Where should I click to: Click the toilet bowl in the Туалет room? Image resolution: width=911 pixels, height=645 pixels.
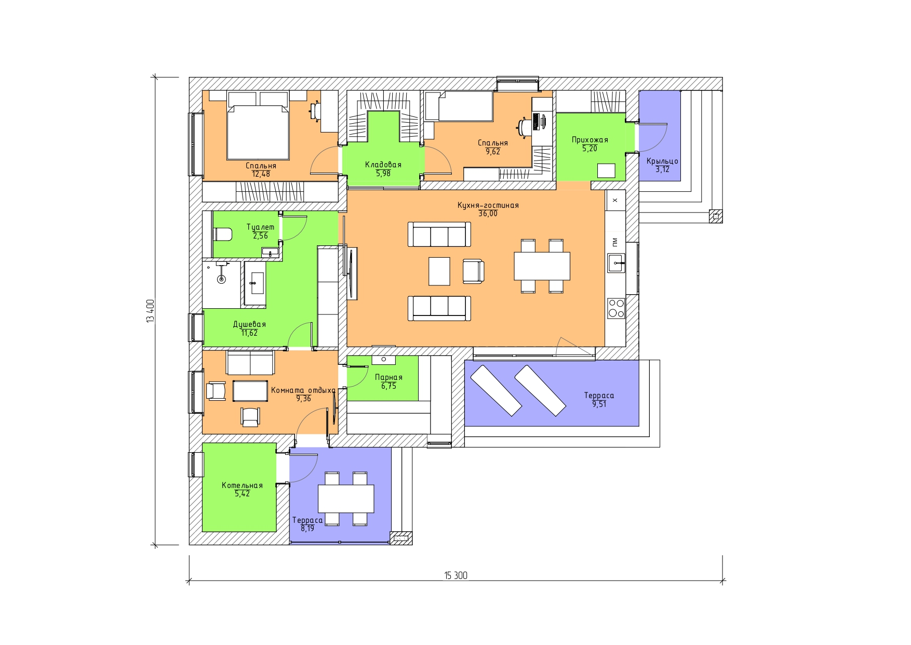click(x=223, y=234)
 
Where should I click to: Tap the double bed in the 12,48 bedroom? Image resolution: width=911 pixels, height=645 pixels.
click(x=258, y=132)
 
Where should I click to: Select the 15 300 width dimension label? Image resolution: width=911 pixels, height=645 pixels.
click(x=455, y=575)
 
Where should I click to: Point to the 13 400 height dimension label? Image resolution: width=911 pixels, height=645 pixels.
click(x=151, y=311)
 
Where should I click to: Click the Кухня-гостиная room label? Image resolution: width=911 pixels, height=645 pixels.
click(x=488, y=205)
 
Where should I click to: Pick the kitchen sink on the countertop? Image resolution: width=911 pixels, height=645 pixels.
click(x=617, y=263)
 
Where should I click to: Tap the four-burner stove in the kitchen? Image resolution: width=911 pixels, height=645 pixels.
click(x=617, y=308)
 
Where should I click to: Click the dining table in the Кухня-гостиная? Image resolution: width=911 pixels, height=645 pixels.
click(x=542, y=266)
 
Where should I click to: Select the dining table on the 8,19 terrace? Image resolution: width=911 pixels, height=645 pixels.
click(x=346, y=498)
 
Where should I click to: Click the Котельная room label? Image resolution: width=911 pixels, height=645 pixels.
click(x=242, y=485)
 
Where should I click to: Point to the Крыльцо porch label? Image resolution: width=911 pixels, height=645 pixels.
click(x=662, y=161)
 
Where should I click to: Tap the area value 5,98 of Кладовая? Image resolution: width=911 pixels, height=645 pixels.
click(x=383, y=174)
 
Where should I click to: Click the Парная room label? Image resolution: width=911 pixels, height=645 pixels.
click(x=388, y=377)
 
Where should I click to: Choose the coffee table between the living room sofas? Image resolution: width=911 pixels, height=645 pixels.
click(x=439, y=271)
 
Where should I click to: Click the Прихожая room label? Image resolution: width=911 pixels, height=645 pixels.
click(x=590, y=140)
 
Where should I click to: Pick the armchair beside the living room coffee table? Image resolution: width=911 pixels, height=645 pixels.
click(x=473, y=271)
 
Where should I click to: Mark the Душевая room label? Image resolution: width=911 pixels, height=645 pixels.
click(x=249, y=324)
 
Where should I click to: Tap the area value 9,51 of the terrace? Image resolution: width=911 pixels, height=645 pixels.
click(x=599, y=404)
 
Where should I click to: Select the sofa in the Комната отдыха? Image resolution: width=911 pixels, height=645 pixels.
click(x=250, y=362)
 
